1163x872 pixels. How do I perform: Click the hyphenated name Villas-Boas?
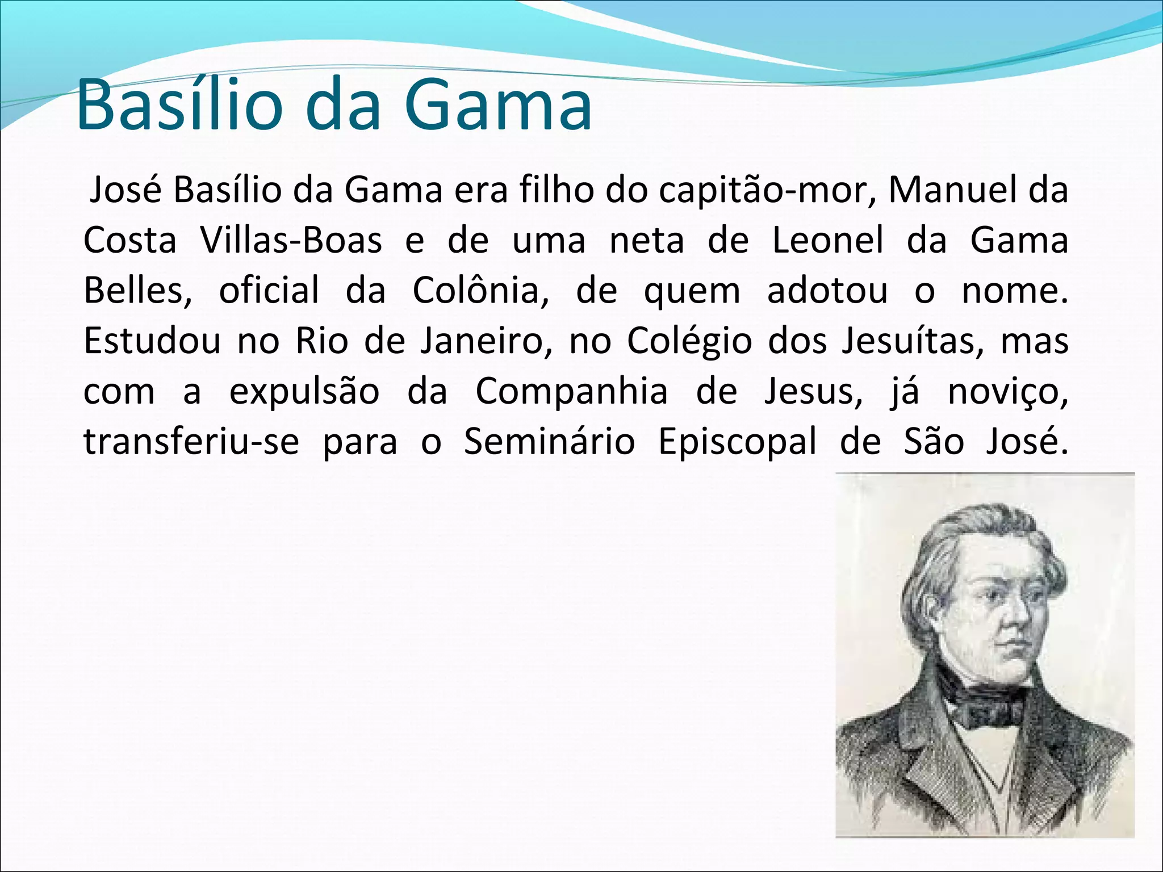click(x=291, y=240)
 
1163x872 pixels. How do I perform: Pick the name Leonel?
click(x=828, y=240)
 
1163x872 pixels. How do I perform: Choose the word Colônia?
click(x=480, y=290)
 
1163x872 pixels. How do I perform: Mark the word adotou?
click(x=827, y=290)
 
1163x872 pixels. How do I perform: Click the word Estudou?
click(x=152, y=341)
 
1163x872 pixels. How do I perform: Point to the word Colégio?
click(x=689, y=341)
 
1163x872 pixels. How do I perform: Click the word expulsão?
click(x=304, y=392)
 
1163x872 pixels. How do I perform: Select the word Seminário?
click(x=549, y=441)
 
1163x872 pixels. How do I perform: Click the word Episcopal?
click(x=737, y=442)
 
